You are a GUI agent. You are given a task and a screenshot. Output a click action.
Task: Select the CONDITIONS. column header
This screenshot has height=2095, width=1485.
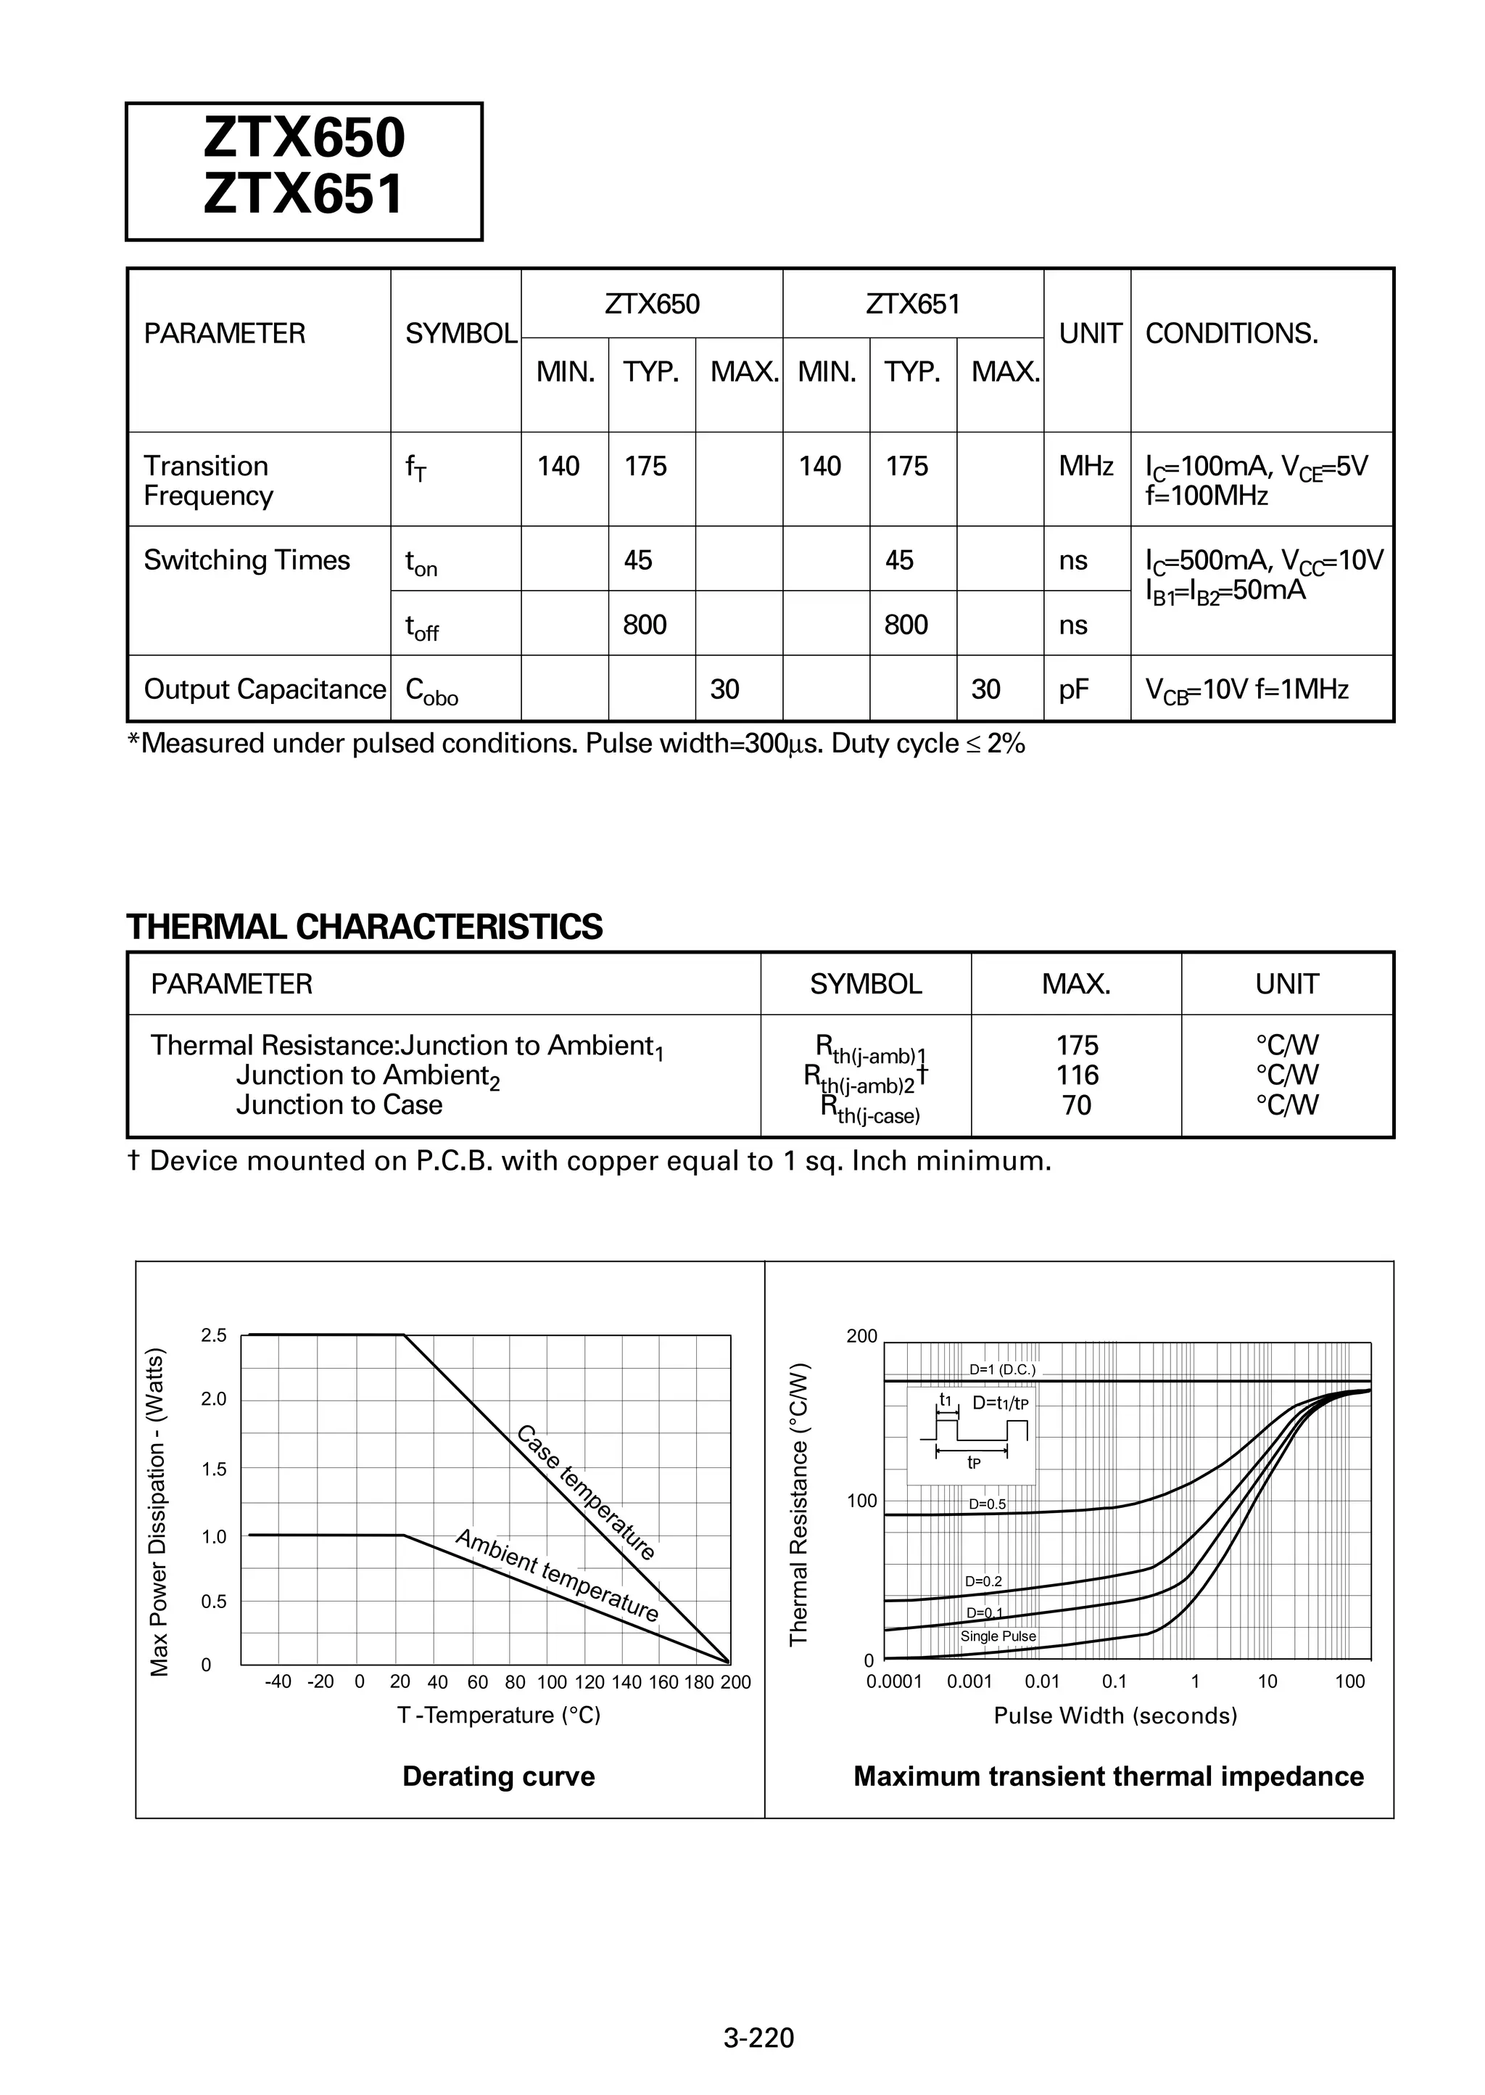[x=1230, y=334]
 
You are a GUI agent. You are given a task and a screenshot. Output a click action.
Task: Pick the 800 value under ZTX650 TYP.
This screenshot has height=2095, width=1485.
[x=644, y=625]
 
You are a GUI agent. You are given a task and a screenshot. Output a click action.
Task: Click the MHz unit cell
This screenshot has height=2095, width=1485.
[x=1085, y=467]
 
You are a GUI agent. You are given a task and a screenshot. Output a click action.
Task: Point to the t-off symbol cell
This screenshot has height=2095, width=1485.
[x=421, y=628]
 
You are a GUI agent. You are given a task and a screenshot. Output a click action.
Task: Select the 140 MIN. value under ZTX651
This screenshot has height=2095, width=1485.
[x=819, y=467]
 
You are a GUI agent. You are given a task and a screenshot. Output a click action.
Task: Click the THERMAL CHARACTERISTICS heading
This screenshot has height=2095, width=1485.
[x=364, y=927]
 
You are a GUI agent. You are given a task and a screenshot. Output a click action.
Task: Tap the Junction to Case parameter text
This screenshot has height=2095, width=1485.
[x=339, y=1105]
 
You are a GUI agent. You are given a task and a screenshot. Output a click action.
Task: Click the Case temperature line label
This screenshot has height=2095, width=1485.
[x=586, y=1492]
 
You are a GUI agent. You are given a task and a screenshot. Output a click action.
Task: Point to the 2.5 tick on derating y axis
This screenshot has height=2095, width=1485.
[x=213, y=1336]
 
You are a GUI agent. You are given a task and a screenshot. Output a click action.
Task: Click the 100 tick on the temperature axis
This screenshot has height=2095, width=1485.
[x=551, y=1682]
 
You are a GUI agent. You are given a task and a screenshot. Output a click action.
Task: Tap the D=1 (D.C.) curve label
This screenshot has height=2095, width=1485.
[x=1002, y=1369]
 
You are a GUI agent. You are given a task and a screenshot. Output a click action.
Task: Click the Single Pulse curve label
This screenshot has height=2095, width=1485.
[x=998, y=1636]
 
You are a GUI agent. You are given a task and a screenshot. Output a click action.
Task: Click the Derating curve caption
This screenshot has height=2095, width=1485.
[x=498, y=1776]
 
